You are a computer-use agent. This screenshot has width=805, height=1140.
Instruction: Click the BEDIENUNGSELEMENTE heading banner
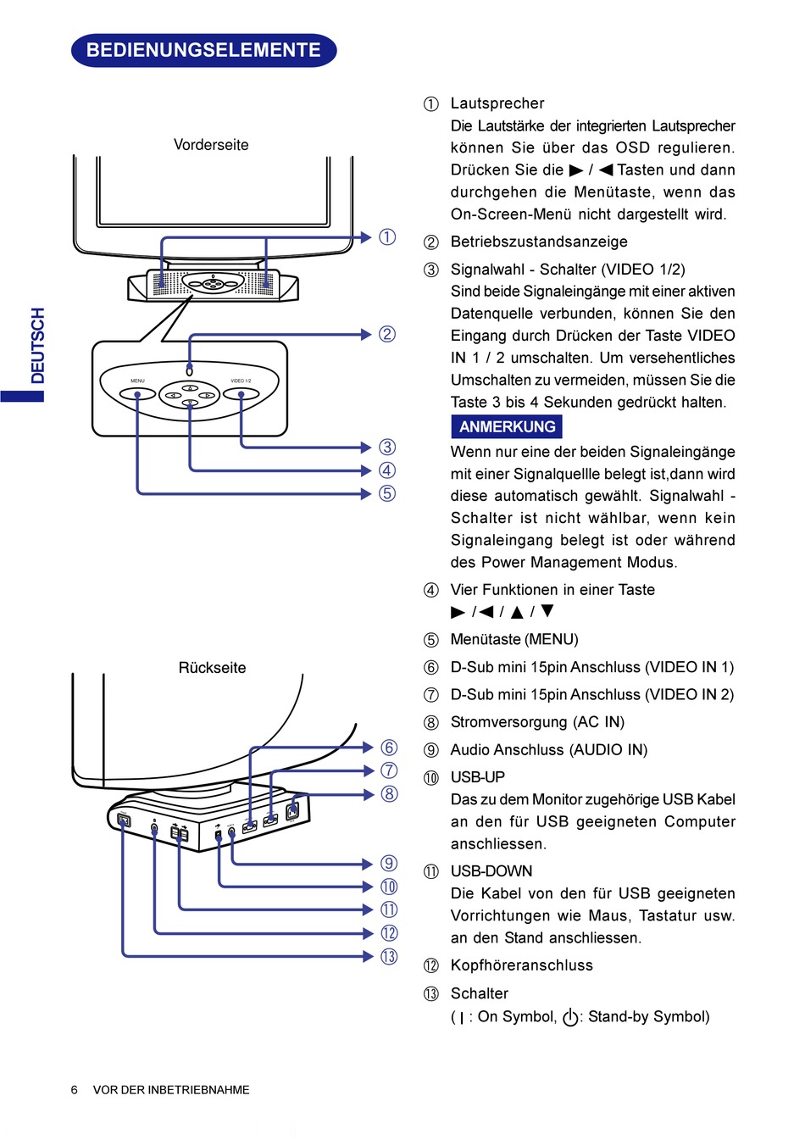tap(203, 50)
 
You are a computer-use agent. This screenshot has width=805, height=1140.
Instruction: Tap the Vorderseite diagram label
tap(211, 145)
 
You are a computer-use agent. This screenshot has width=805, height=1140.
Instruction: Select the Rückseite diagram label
tap(212, 668)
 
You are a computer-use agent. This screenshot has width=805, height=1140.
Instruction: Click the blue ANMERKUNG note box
tap(507, 427)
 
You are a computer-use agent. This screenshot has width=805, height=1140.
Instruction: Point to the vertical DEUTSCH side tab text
tap(37, 346)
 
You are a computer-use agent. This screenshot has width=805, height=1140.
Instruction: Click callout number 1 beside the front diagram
tap(387, 237)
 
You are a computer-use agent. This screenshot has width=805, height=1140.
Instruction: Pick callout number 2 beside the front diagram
tap(387, 334)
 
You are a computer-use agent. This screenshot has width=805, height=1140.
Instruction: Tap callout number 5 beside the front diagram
tap(387, 493)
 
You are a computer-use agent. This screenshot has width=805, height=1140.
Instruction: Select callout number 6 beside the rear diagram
tap(389, 748)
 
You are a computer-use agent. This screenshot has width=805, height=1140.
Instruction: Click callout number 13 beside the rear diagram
tap(389, 957)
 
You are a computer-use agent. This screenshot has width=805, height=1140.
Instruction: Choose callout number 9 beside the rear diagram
tap(389, 864)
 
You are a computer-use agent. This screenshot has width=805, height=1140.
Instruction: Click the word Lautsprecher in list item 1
tap(497, 103)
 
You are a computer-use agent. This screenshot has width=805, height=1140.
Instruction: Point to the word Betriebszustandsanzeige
tap(539, 242)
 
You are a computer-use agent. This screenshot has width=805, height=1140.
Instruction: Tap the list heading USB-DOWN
tap(491, 871)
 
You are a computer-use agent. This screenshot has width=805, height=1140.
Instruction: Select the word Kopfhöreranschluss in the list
tap(522, 966)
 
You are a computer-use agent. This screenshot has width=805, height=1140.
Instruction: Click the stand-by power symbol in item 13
tap(570, 1017)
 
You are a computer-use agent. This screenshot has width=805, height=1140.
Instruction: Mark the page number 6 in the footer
tap(75, 1090)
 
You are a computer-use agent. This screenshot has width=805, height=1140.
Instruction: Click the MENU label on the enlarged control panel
tap(137, 381)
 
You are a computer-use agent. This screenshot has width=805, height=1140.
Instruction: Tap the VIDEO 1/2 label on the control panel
tap(241, 381)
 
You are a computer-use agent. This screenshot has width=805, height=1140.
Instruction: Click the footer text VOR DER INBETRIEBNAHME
tap(171, 1090)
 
